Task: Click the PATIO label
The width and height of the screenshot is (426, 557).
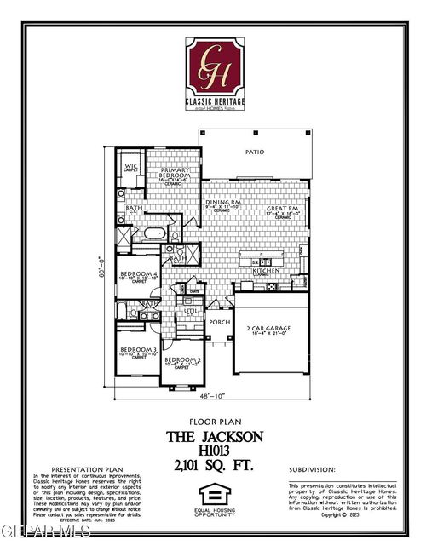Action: click(255, 152)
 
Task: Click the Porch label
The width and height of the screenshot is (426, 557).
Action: click(219, 322)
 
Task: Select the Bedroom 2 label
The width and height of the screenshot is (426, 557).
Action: click(181, 360)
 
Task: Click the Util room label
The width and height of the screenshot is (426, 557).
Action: click(191, 313)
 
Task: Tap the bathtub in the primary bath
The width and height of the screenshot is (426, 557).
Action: click(158, 232)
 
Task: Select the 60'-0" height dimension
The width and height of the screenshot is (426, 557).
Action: click(101, 268)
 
